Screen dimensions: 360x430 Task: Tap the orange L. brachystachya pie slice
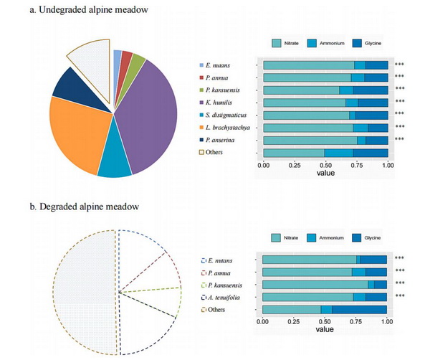(75, 133)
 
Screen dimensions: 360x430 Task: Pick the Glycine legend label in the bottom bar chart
(374, 237)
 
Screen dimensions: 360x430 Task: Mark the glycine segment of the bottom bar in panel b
(358, 310)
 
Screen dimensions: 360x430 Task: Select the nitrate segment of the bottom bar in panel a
(294, 153)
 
